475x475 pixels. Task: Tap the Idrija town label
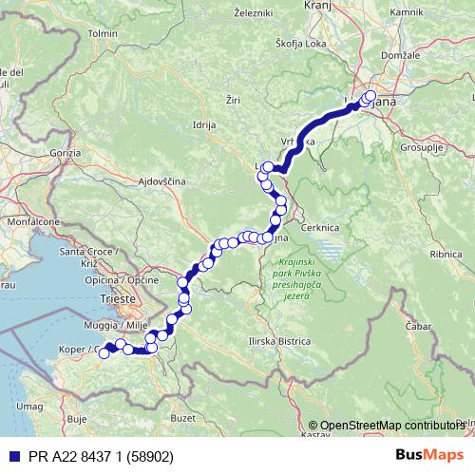204,124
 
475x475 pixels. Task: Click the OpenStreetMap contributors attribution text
392,425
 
